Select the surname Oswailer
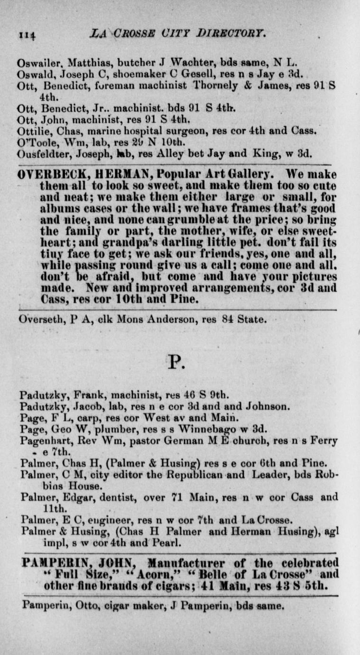[x=35, y=62]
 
